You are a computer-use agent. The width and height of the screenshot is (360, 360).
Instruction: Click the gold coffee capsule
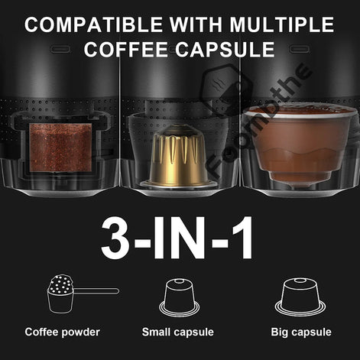180,157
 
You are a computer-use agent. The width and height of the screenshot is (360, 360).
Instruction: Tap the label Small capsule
181,332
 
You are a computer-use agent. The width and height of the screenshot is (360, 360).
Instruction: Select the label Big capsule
300,332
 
